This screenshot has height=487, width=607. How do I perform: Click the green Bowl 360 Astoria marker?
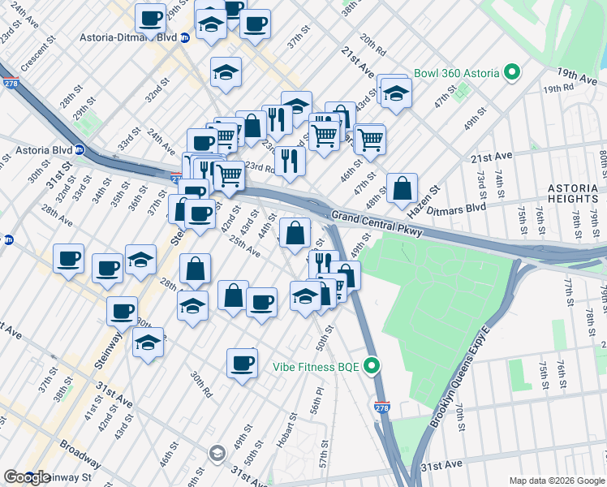click(512, 73)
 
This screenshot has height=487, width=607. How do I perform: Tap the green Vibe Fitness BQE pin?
click(372, 366)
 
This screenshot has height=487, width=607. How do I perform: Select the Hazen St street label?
click(424, 199)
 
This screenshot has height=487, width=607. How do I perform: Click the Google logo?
click(27, 477)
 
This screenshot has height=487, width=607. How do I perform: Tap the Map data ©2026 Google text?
click(556, 481)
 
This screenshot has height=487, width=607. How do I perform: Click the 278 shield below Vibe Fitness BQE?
click(381, 406)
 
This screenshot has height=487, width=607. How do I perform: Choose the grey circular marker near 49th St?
click(217, 452)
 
